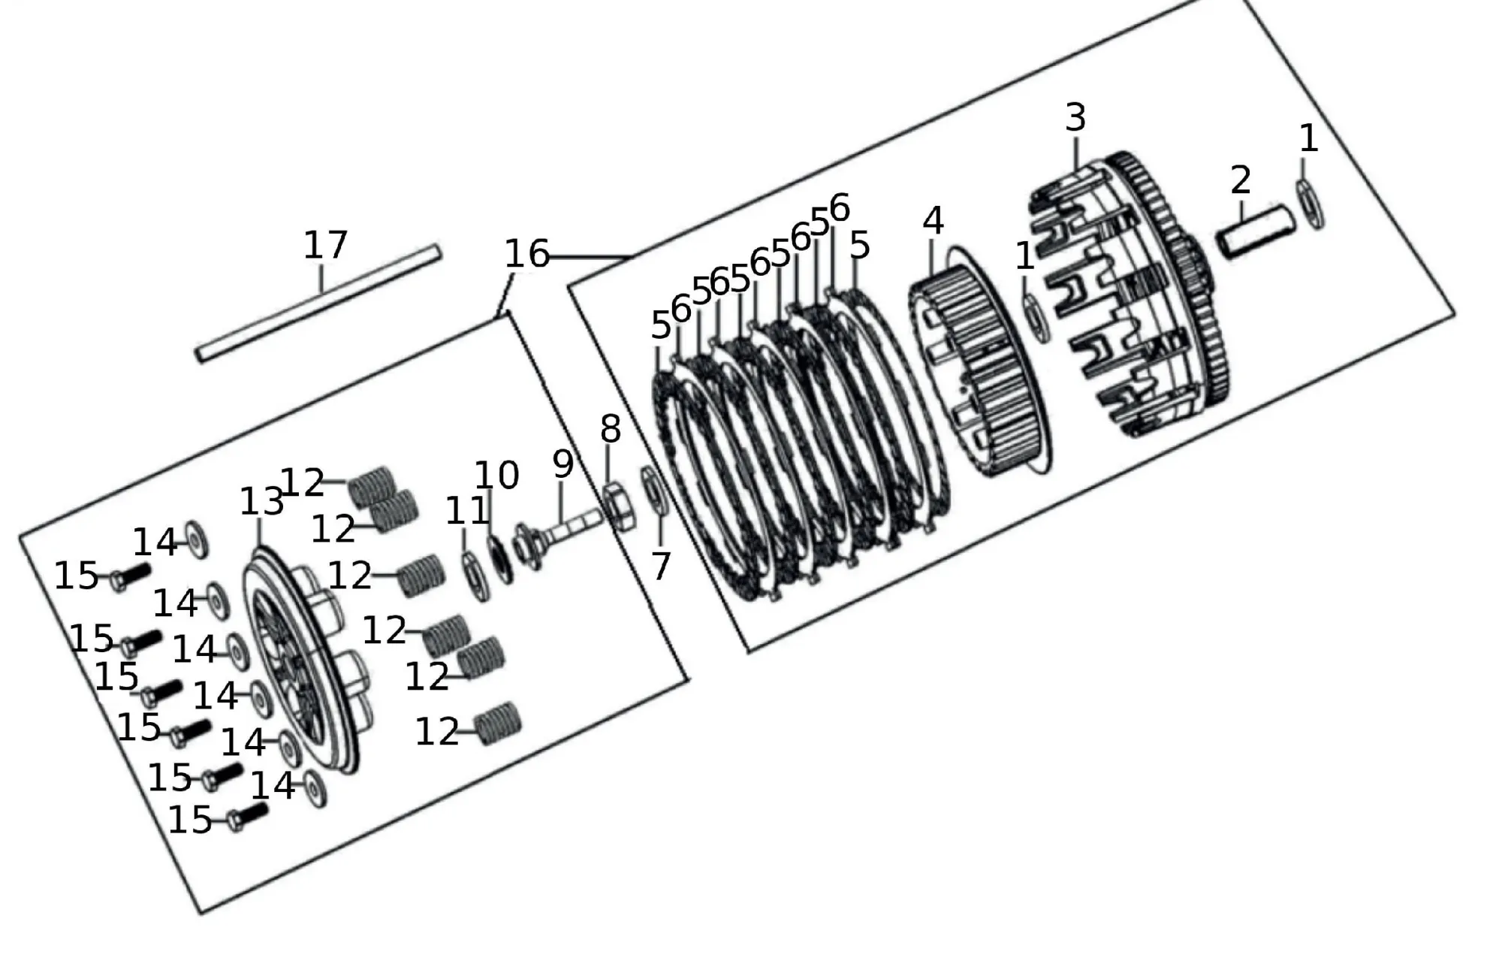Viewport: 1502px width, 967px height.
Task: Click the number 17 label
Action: [x=325, y=245]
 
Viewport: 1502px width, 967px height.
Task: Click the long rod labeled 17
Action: [x=318, y=304]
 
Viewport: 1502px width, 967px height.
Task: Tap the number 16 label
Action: [x=526, y=254]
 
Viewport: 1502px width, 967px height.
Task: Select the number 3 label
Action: [x=1075, y=117]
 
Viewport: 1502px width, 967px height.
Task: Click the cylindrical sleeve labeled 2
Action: [x=1256, y=231]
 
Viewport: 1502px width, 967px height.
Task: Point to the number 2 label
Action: [x=1241, y=180]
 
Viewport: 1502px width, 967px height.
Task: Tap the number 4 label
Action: [x=933, y=220]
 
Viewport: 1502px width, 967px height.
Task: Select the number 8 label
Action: [x=611, y=429]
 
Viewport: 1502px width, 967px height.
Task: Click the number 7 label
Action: [x=660, y=566]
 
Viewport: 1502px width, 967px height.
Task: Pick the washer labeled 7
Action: [x=654, y=491]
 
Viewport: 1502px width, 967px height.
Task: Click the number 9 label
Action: [x=563, y=464]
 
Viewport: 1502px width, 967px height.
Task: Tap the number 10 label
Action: [x=497, y=475]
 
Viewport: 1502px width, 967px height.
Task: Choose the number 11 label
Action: [x=467, y=512]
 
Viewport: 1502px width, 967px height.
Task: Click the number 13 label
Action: [x=261, y=501]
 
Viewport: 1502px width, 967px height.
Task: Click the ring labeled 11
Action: [x=475, y=576]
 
